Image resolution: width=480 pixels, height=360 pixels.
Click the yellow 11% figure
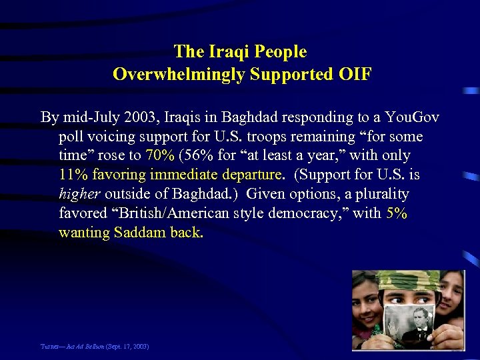[72, 175]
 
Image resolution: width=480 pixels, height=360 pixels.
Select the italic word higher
[79, 195]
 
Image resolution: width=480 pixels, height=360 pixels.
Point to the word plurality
[382, 195]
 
